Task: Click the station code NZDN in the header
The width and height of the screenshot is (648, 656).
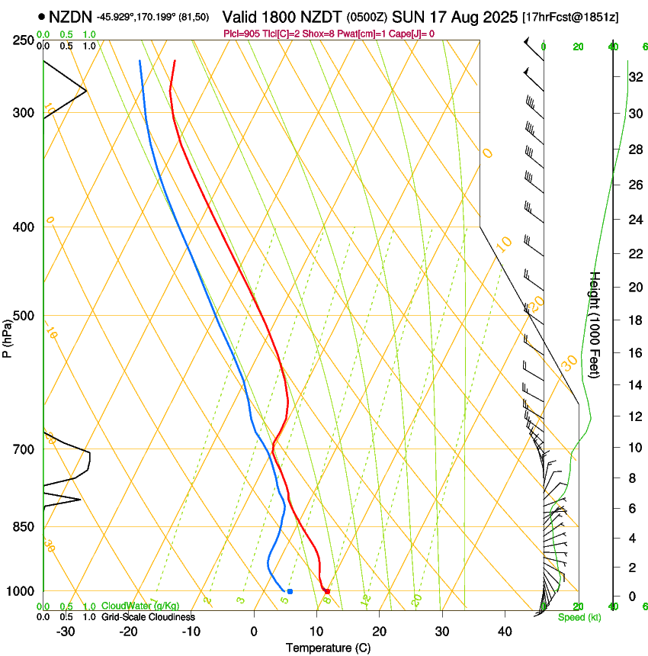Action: (x=71, y=16)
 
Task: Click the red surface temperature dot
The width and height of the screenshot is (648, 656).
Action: (x=327, y=591)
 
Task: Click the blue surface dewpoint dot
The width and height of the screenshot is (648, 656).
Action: (x=290, y=591)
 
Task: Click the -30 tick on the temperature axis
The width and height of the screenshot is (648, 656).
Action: (x=66, y=632)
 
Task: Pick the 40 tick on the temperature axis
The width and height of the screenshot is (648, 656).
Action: (x=505, y=632)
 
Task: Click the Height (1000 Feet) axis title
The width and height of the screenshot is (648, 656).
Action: (x=596, y=324)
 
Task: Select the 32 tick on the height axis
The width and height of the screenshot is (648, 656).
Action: (x=634, y=77)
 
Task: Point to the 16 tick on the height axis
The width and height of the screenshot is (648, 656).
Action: (x=634, y=353)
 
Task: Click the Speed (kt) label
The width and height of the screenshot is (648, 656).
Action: (x=579, y=617)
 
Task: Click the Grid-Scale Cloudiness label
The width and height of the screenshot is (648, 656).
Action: (x=148, y=617)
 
